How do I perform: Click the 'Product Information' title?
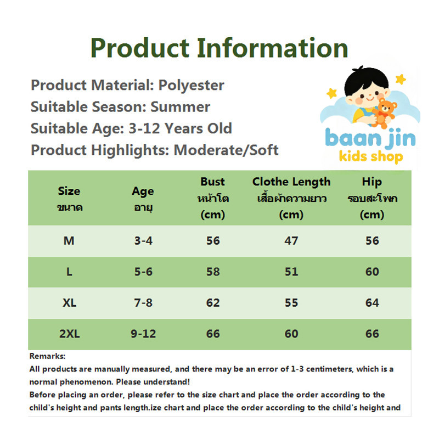click(x=219, y=48)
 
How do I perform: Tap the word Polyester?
click(x=191, y=86)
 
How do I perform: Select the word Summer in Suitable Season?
click(x=181, y=106)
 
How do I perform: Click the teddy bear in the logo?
click(x=385, y=113)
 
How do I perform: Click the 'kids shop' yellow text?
click(x=371, y=156)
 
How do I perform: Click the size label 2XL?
click(x=70, y=334)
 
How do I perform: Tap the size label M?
click(x=69, y=241)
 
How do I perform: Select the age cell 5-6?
click(x=143, y=272)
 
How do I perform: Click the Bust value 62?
click(x=213, y=303)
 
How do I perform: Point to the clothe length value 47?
click(x=291, y=241)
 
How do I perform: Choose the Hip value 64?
click(x=372, y=303)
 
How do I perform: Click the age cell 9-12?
click(x=143, y=334)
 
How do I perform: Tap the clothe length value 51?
click(x=291, y=272)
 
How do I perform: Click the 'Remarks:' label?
click(x=47, y=356)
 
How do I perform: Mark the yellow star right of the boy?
click(x=401, y=79)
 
